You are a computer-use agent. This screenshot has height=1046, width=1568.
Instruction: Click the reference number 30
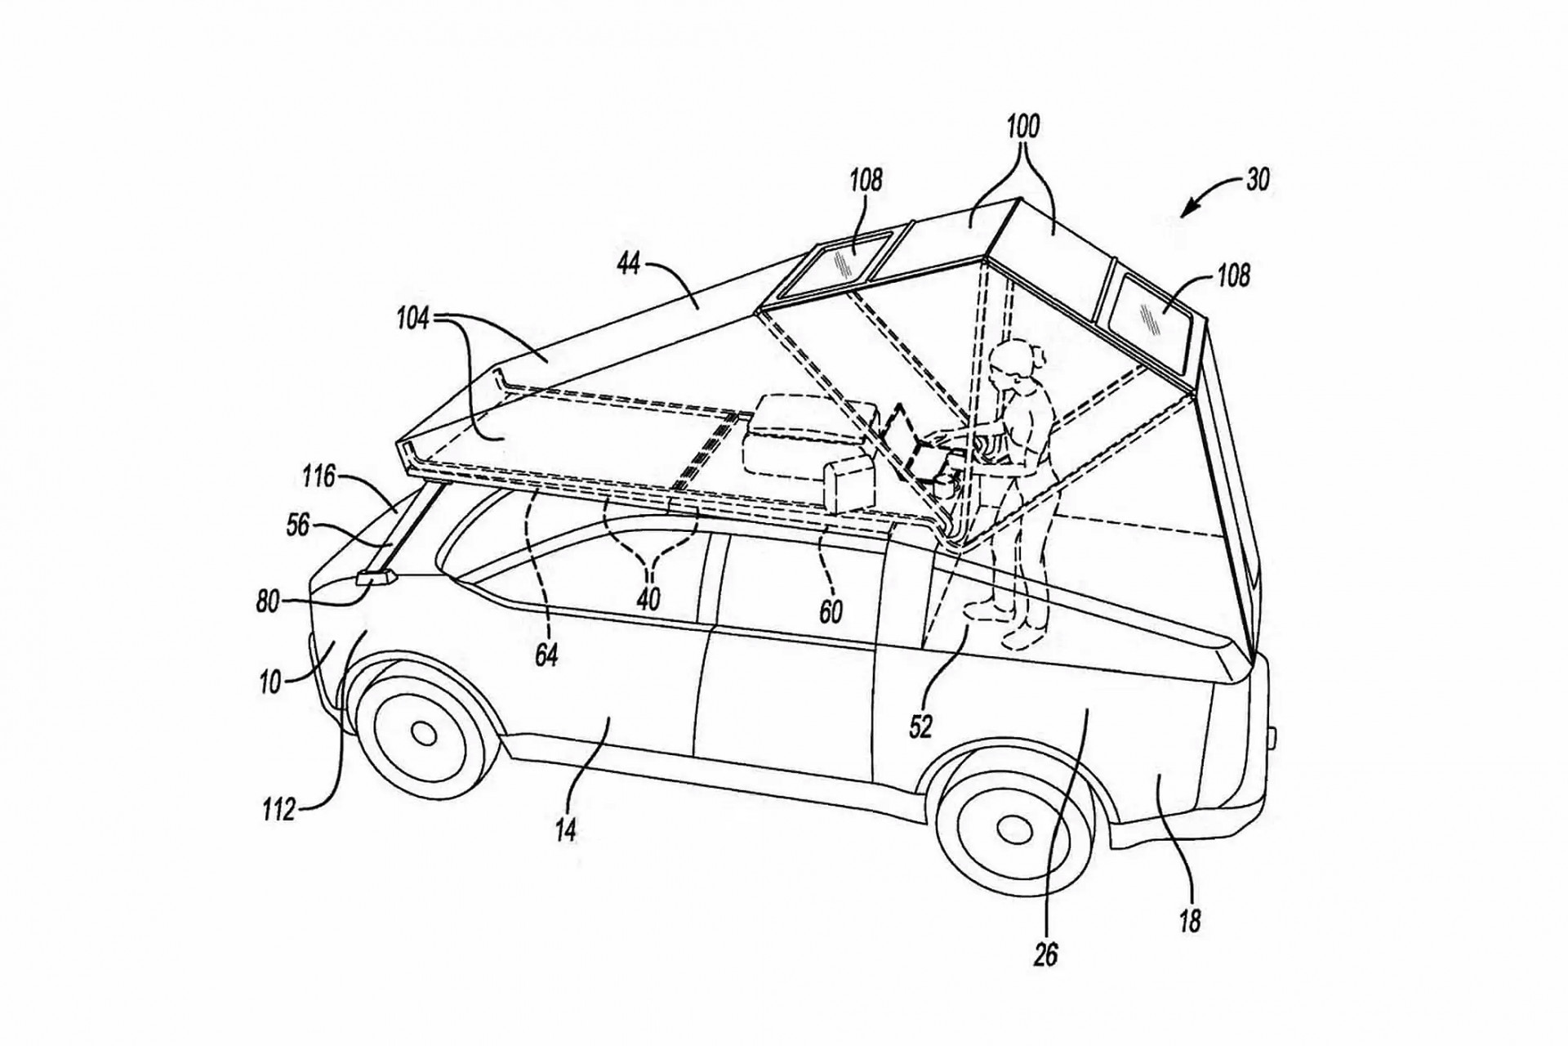pyautogui.click(x=1258, y=179)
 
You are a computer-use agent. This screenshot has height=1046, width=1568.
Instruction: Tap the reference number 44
pyautogui.click(x=628, y=265)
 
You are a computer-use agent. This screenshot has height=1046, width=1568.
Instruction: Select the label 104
pyautogui.click(x=413, y=320)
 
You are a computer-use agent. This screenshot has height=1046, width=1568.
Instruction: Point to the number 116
pyautogui.click(x=318, y=476)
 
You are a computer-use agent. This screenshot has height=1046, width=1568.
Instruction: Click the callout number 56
pyautogui.click(x=297, y=525)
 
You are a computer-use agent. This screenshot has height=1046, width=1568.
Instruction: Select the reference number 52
pyautogui.click(x=920, y=726)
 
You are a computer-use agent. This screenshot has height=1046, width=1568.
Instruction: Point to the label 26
pyautogui.click(x=1045, y=954)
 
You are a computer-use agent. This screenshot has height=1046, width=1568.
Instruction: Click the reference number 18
pyautogui.click(x=1190, y=922)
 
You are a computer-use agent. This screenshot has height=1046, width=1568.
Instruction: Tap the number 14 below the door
pyautogui.click(x=565, y=830)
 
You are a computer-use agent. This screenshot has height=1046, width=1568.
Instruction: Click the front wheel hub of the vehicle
pyautogui.click(x=423, y=732)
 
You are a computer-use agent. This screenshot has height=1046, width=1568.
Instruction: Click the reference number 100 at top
pyautogui.click(x=1022, y=127)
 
